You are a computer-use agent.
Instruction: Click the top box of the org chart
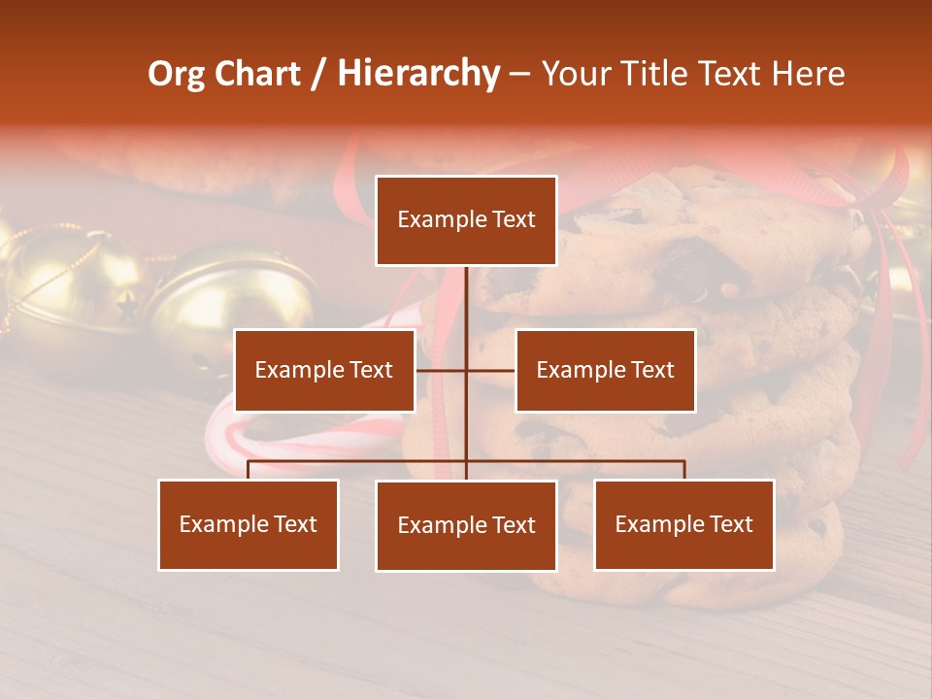pos(466,220)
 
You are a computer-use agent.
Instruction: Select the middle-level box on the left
pos(324,370)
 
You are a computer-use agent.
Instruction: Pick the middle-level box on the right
pos(605,370)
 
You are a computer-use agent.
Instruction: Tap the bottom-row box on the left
pos(249,524)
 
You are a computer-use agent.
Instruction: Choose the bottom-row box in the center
pos(466,525)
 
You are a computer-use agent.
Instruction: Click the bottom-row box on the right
pos(683,524)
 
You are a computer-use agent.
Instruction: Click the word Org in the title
pos(176,74)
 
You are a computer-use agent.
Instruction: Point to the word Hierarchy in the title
pos(418,74)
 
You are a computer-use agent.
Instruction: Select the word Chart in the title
pos(257,74)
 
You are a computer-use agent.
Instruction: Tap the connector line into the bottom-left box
pos(249,470)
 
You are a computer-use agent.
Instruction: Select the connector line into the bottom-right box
pos(684,470)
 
